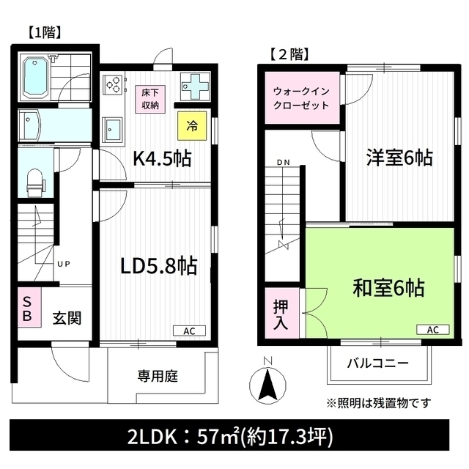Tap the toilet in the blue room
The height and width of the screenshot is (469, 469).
pyautogui.click(x=35, y=183)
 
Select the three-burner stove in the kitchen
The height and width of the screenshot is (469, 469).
pyautogui.click(x=112, y=84)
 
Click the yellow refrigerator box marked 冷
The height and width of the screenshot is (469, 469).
pyautogui.click(x=192, y=126)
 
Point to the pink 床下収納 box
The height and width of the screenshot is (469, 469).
pyautogui.click(x=150, y=100)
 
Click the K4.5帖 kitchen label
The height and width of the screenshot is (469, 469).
pyautogui.click(x=162, y=158)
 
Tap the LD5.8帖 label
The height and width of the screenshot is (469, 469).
pyautogui.click(x=158, y=266)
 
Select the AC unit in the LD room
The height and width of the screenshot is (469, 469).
pyautogui.click(x=189, y=330)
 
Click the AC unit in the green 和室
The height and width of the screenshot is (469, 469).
pyautogui.click(x=433, y=330)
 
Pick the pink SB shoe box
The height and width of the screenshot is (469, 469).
pyautogui.click(x=29, y=307)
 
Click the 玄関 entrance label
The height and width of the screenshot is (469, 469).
pyautogui.click(x=67, y=318)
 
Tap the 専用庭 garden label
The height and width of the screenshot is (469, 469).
pyautogui.click(x=158, y=376)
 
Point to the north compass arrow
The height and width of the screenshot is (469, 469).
pyautogui.click(x=268, y=385)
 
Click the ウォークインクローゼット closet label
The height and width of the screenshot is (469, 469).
pyautogui.click(x=301, y=98)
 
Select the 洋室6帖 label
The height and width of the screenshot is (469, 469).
pyautogui.click(x=399, y=158)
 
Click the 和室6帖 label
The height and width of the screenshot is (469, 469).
pyautogui.click(x=388, y=288)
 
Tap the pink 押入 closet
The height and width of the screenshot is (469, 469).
pyautogui.click(x=281, y=314)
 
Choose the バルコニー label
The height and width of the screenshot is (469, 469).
pyautogui.click(x=378, y=363)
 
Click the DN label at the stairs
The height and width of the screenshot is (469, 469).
pyautogui.click(x=284, y=163)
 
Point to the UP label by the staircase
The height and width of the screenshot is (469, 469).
pyautogui.click(x=64, y=264)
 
